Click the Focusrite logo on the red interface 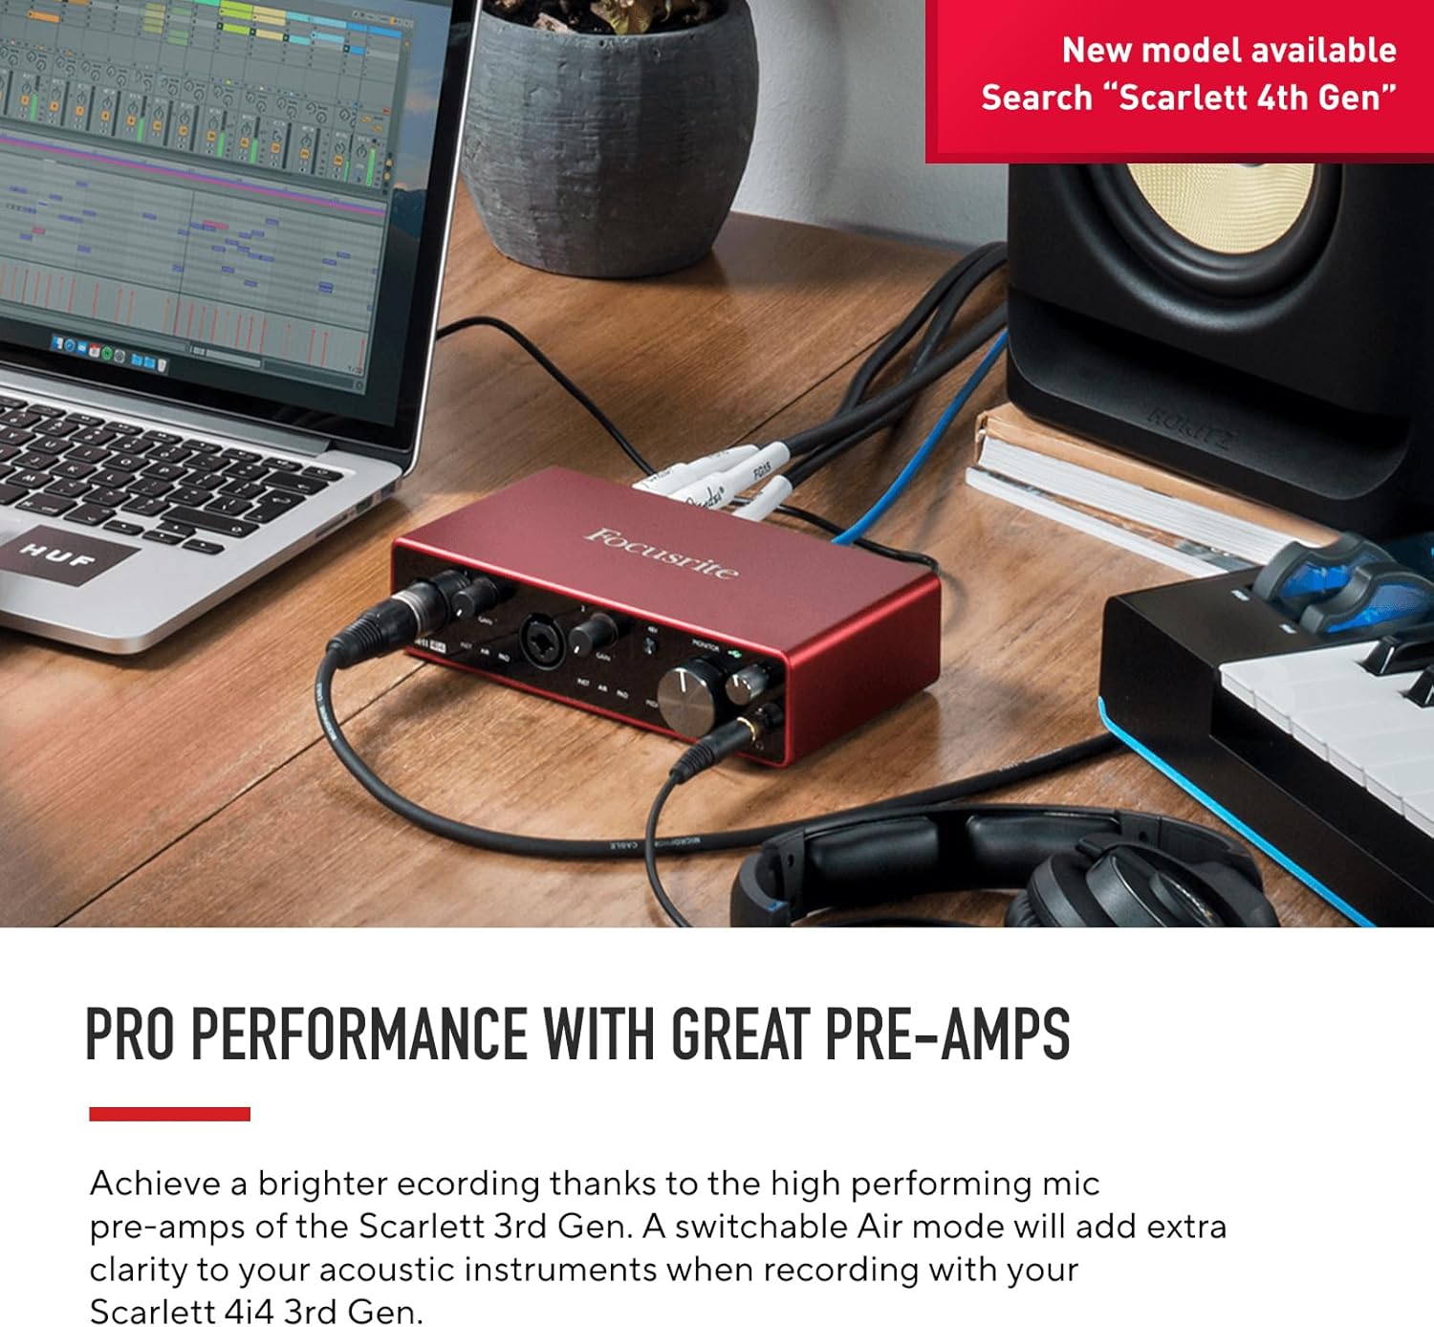[x=662, y=553]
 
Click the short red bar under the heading [x=169, y=1114]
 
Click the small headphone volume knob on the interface [x=747, y=681]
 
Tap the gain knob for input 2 [x=593, y=630]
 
